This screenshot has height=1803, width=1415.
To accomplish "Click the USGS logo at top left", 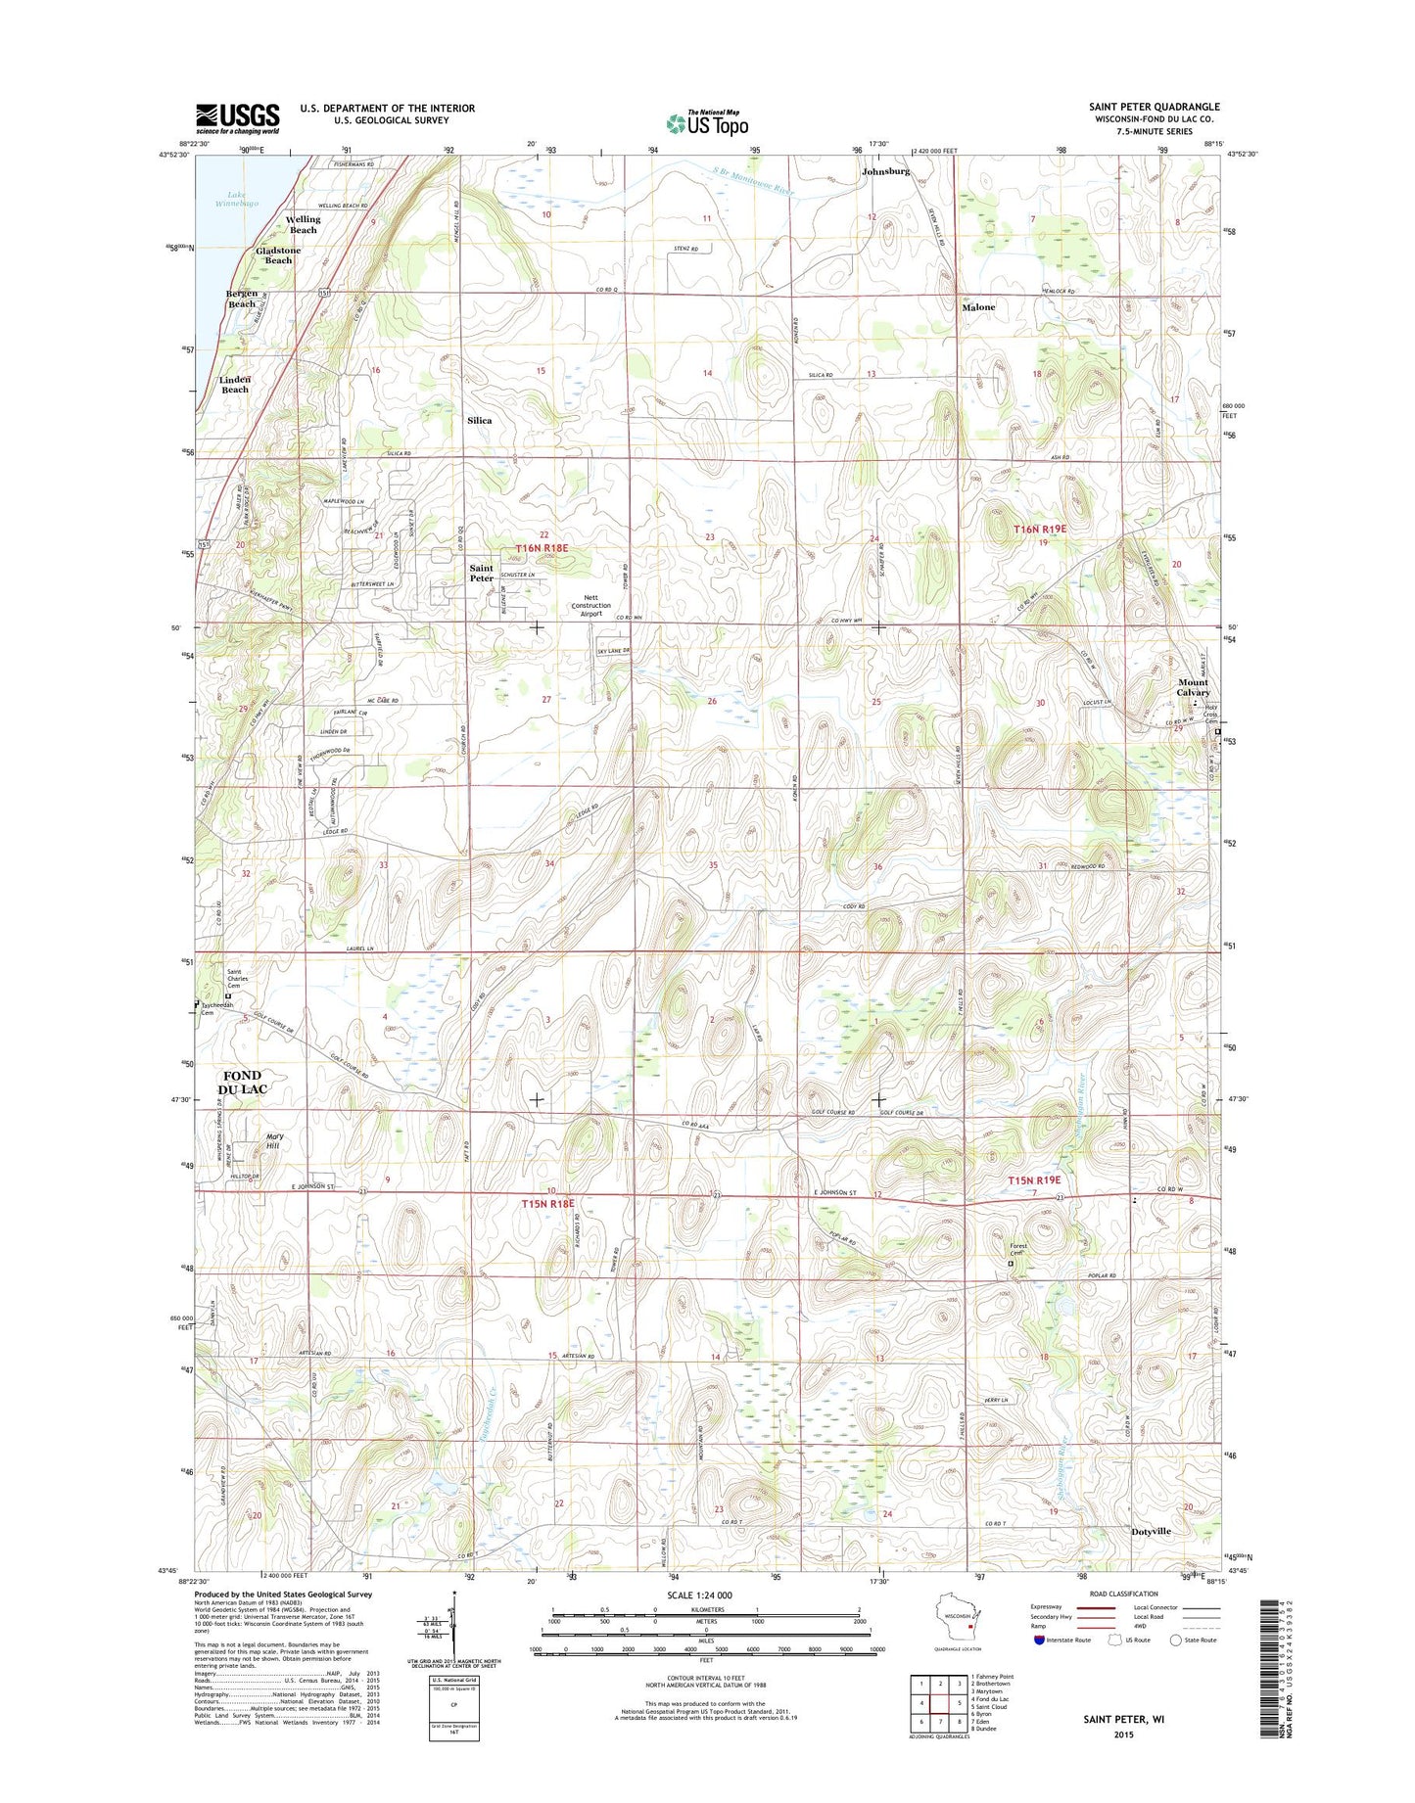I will pyautogui.click(x=237, y=118).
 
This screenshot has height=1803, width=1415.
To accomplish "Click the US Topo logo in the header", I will pyautogui.click(x=707, y=123).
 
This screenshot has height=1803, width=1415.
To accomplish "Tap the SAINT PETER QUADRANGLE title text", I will pyautogui.click(x=1154, y=107).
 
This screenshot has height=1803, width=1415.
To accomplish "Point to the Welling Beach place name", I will pyautogui.click(x=303, y=224).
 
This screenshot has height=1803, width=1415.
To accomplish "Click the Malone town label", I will pyautogui.click(x=977, y=307).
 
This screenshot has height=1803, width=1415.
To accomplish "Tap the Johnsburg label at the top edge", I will pyautogui.click(x=885, y=171).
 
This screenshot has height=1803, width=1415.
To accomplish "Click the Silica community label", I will pyautogui.click(x=479, y=420).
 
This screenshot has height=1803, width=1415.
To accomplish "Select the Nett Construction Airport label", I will pyautogui.click(x=590, y=605).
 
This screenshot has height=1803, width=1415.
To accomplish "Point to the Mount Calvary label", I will pyautogui.click(x=1193, y=687).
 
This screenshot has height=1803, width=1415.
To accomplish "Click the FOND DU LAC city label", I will pyautogui.click(x=242, y=1082).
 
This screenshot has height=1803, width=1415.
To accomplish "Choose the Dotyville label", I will pyautogui.click(x=1151, y=1531).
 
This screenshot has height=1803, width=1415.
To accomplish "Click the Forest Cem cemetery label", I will pyautogui.click(x=1017, y=1250).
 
